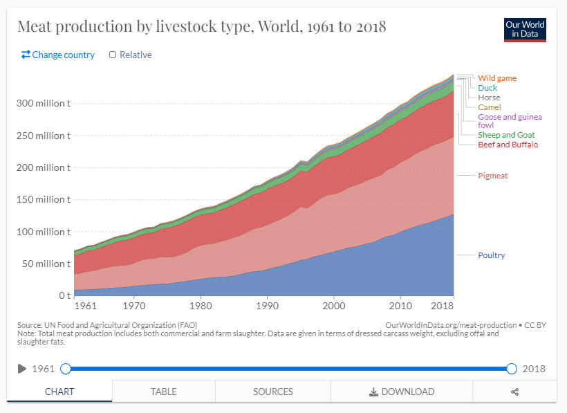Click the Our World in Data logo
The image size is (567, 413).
tap(525, 28)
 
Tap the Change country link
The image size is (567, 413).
tap(58, 55)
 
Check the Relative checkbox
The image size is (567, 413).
tap(113, 55)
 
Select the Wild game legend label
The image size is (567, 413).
tap(497, 78)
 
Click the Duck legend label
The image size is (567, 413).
tap(487, 88)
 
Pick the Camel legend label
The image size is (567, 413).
tap(490, 107)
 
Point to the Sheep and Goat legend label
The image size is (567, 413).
tap(506, 135)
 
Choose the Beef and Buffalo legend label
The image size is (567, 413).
tap(508, 145)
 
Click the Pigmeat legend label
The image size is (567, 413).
tap(492, 176)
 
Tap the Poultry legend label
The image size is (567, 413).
tap(492, 255)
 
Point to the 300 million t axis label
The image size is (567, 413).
tap(43, 103)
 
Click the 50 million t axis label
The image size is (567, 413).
tap(46, 264)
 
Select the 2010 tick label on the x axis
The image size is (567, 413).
tap(400, 304)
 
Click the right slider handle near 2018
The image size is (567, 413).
tap(512, 369)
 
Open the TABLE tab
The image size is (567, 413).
tap(163, 392)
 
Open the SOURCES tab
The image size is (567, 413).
tap(273, 392)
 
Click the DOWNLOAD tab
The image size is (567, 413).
tap(402, 392)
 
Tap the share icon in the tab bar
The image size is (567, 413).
tap(514, 392)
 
